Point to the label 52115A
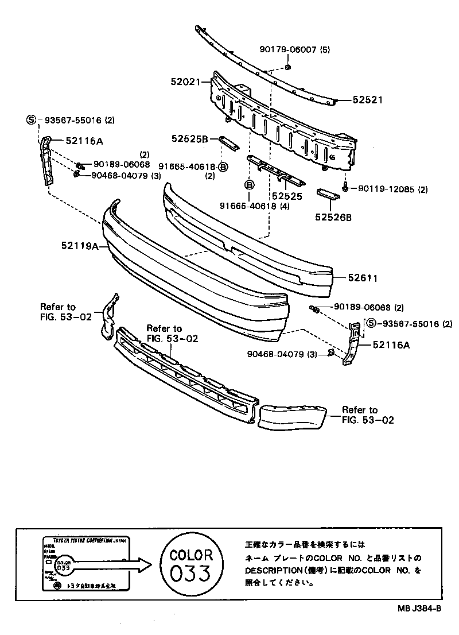click(x=88, y=140)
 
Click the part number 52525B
click(x=189, y=138)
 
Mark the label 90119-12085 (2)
click(x=393, y=189)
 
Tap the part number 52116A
click(x=391, y=344)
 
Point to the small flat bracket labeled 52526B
click(x=329, y=195)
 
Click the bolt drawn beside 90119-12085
click(x=346, y=187)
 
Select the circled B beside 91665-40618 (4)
click(x=250, y=184)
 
